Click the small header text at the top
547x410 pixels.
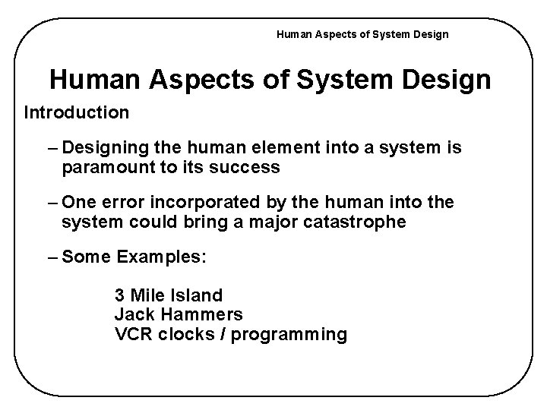pos(362,34)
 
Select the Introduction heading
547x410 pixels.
pos(77,113)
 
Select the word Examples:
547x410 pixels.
pos(162,257)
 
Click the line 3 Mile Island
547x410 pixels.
pos(168,294)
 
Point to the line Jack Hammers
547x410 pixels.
pos(179,314)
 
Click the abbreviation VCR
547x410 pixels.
pos(132,333)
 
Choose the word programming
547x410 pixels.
pos(289,334)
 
